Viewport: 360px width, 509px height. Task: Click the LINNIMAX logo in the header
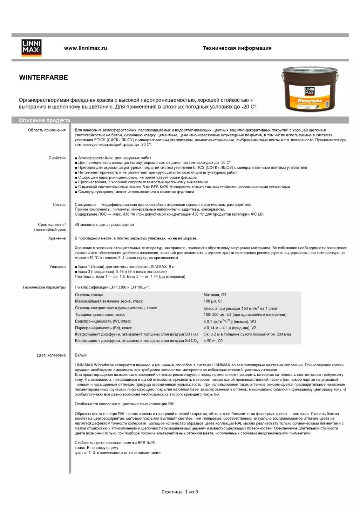(x=31, y=48)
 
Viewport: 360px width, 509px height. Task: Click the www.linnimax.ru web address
(x=85, y=48)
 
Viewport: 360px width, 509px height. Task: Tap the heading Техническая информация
(x=237, y=48)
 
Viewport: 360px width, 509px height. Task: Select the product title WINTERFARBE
(x=43, y=77)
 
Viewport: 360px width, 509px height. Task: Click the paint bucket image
(x=310, y=89)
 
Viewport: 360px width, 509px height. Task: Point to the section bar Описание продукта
(x=45, y=120)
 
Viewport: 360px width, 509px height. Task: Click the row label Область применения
(x=47, y=130)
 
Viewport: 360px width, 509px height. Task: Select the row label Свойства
(x=57, y=158)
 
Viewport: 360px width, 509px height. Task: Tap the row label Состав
(x=59, y=205)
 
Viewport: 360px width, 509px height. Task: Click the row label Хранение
(x=57, y=238)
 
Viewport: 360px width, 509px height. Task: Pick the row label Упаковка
(x=57, y=267)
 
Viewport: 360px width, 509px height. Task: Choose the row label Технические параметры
(x=44, y=287)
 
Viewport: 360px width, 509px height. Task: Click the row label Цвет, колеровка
(x=51, y=355)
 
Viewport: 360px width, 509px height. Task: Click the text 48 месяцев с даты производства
(x=104, y=225)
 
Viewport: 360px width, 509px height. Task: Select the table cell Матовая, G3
(x=215, y=295)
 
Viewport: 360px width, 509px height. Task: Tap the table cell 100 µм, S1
(x=213, y=301)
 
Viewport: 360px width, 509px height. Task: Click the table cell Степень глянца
(x=89, y=295)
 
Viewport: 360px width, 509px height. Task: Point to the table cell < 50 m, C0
(x=213, y=341)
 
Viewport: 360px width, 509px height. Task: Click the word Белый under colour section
(x=81, y=355)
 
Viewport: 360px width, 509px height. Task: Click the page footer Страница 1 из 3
(x=180, y=492)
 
